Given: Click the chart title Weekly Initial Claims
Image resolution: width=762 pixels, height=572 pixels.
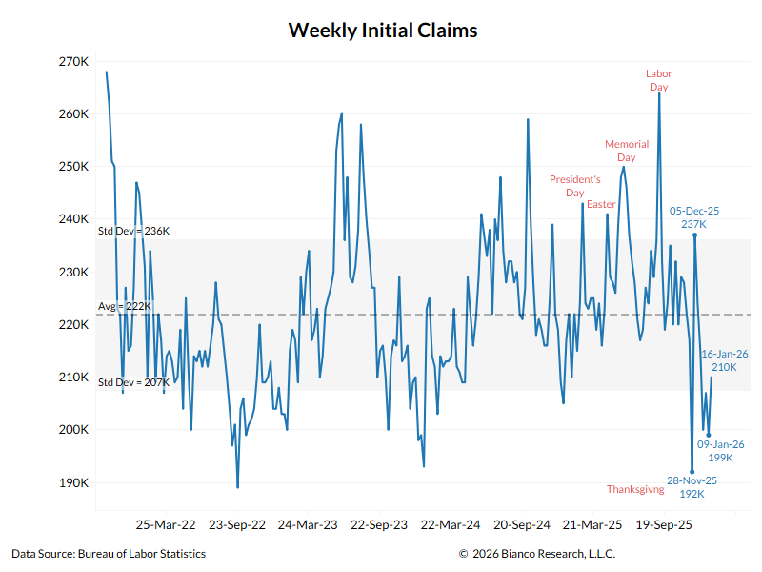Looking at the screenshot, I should tap(382, 30).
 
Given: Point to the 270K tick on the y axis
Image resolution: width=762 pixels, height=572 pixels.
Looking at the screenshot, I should tap(73, 62).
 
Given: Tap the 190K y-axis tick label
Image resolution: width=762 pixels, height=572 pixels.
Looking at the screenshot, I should tap(73, 482).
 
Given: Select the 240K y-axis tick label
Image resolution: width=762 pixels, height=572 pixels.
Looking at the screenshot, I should tap(73, 219).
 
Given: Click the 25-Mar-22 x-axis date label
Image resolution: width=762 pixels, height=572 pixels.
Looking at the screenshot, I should tap(165, 524).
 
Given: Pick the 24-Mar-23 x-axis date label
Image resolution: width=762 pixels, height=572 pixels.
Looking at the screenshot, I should tap(308, 524).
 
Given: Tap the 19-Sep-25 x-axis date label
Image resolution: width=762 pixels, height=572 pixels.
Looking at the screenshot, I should tap(664, 524).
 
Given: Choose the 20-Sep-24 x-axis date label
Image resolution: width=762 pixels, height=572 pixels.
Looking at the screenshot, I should tap(522, 524).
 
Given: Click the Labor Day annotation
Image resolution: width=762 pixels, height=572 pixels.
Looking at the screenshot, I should tap(658, 80).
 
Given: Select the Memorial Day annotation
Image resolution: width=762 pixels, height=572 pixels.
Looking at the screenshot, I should tap(627, 151).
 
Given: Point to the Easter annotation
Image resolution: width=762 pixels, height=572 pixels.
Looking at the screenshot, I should tap(601, 204).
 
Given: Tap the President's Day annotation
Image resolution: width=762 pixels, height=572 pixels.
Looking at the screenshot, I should tap(575, 186).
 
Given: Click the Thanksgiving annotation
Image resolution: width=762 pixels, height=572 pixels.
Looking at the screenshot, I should tap(635, 489).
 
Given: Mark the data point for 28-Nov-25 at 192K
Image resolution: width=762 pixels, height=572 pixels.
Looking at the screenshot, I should tap(692, 472).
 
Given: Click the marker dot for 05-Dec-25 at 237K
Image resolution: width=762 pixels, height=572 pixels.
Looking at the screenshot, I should tap(694, 235).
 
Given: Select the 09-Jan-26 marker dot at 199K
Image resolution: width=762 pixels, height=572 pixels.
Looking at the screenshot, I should tap(708, 435).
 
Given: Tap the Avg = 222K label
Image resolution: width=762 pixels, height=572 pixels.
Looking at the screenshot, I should tap(126, 306).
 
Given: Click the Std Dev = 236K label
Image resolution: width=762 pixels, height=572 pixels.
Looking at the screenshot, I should tap(133, 231).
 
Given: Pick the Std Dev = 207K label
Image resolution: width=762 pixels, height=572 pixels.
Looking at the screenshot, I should tap(133, 382).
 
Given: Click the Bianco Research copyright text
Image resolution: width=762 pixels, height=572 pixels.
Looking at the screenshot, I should tap(536, 553).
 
